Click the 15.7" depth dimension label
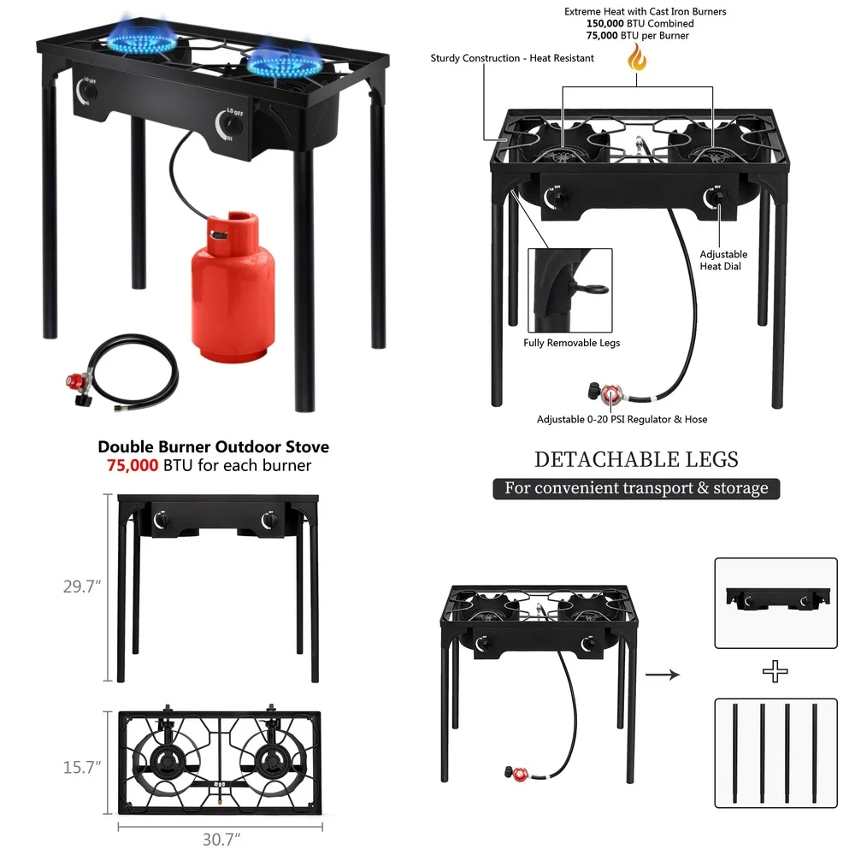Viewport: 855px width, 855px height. (82, 767)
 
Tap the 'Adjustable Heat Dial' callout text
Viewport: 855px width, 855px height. (722, 260)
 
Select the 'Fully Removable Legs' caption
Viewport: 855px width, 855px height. (571, 343)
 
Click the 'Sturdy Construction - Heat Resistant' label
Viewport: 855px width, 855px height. (512, 58)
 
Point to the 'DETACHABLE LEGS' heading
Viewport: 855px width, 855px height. (636, 459)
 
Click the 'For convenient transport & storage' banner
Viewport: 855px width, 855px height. (636, 489)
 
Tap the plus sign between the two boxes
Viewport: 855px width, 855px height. (775, 672)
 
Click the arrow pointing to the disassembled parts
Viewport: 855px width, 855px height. (662, 675)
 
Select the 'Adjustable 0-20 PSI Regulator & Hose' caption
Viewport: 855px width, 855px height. (622, 419)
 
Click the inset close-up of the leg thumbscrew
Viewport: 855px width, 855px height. (569, 290)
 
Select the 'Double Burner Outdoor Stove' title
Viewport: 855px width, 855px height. (213, 447)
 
